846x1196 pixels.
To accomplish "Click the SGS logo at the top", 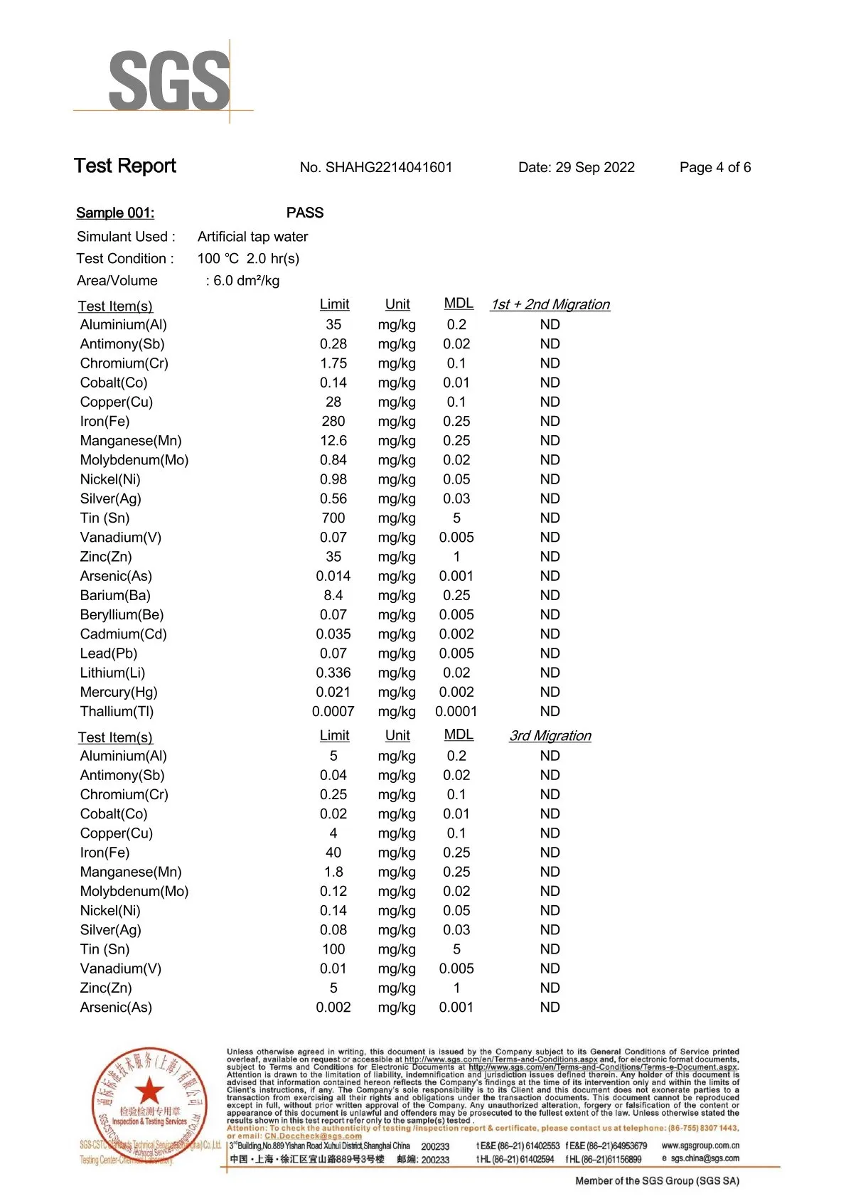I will [x=169, y=80].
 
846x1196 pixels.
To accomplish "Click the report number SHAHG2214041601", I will [x=388, y=168].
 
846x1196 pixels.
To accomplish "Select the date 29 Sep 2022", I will [x=594, y=168].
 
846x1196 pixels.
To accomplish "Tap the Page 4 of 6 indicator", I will [x=714, y=168].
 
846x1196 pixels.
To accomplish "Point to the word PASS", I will [x=305, y=213].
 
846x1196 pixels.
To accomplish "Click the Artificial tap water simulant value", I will [x=252, y=237].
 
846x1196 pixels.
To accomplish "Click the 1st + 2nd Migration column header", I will [x=550, y=305].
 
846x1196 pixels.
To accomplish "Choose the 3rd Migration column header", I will [x=550, y=736].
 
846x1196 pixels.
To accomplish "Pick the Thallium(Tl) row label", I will [x=117, y=712].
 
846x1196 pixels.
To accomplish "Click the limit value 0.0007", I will [x=333, y=712].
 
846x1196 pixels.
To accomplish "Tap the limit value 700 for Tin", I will [x=333, y=518].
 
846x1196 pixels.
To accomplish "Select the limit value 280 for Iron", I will [x=333, y=422].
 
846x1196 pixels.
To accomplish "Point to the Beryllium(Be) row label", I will [x=122, y=615].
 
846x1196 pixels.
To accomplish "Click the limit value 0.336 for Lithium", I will [x=333, y=673].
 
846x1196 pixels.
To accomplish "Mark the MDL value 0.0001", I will [x=456, y=712].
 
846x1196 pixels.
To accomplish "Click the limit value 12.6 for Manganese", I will [x=333, y=441].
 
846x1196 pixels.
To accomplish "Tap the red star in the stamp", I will [x=149, y=1090].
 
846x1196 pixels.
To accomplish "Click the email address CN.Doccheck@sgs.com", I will [x=313, y=1136].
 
